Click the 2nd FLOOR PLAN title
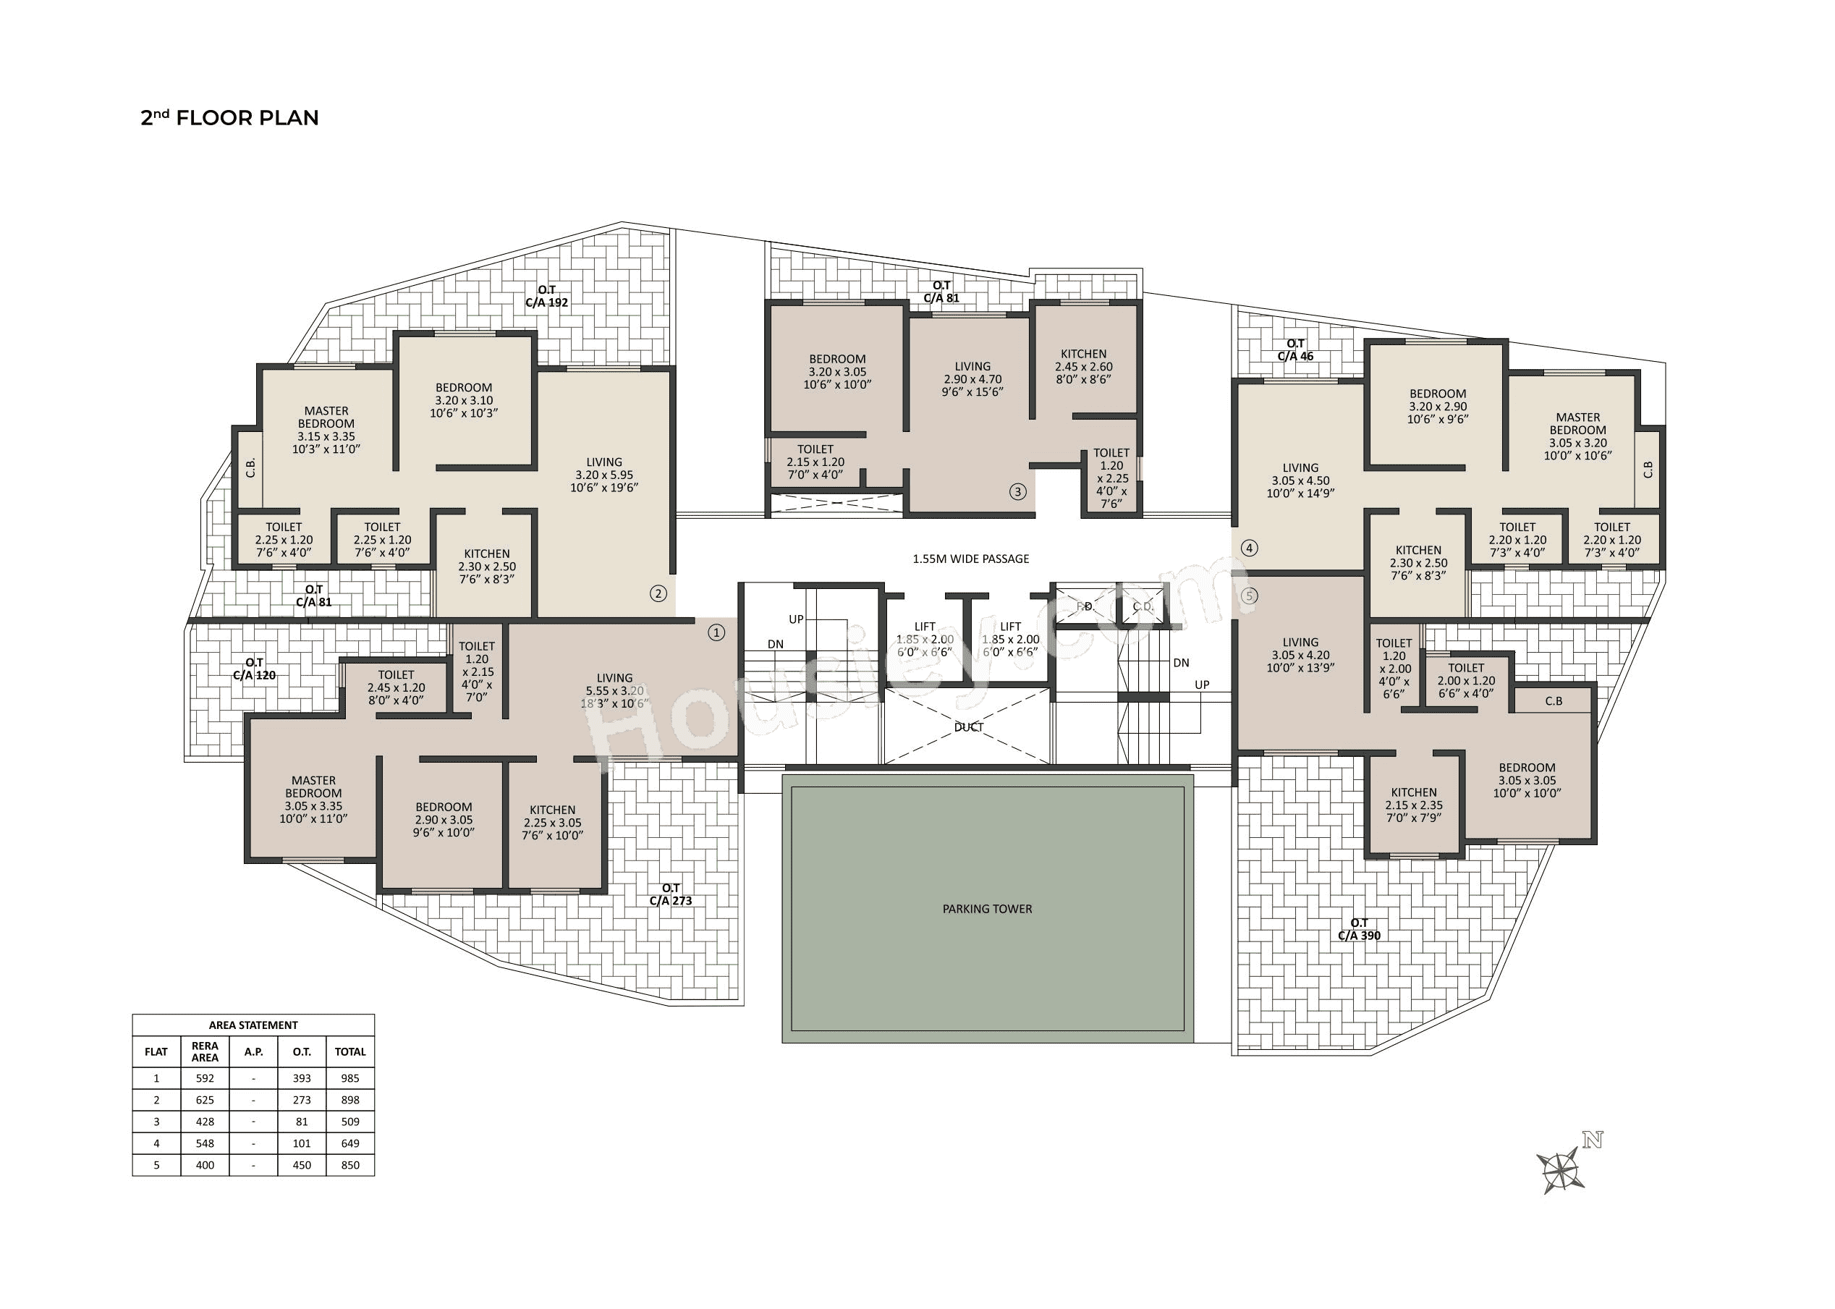coord(229,118)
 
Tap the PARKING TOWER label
coord(986,908)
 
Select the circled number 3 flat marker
coord(1018,491)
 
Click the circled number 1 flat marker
coord(716,632)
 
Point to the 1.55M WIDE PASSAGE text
coord(970,559)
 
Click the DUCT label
coord(968,727)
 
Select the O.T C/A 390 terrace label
coord(1359,929)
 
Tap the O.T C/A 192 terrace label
coord(546,296)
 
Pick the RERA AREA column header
coord(205,1051)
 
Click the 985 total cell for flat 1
coord(349,1077)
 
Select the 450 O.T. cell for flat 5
coord(302,1165)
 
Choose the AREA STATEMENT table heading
coord(253,1025)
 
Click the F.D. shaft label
coord(1085,606)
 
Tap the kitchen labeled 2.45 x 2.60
coord(1083,366)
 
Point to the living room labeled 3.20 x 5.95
coord(603,475)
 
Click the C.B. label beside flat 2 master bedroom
coord(250,467)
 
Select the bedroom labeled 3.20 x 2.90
coord(1437,406)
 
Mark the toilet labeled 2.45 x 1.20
coord(396,687)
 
